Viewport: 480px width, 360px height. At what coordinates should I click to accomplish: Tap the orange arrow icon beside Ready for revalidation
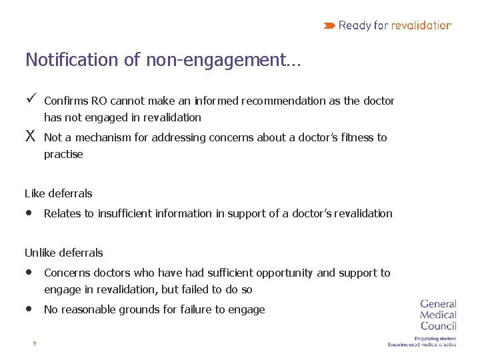[329, 25]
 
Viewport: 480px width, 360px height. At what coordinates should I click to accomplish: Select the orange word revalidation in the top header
[421, 25]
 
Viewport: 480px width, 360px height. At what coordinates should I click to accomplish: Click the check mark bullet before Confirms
[30, 100]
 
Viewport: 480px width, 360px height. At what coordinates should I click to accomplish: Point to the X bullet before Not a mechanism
[30, 137]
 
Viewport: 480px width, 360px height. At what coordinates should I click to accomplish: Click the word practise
[63, 155]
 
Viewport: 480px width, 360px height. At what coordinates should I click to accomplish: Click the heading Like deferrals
[59, 194]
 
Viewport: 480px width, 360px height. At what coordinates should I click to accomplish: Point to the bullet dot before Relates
[29, 213]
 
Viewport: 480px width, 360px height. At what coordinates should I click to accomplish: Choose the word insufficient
[127, 214]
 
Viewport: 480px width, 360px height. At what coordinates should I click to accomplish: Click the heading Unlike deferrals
[64, 253]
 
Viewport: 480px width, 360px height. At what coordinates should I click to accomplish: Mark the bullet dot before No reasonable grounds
[29, 309]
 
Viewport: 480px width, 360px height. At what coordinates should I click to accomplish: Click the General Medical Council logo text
[438, 315]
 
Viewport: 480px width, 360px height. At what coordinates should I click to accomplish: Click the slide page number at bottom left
[34, 344]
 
